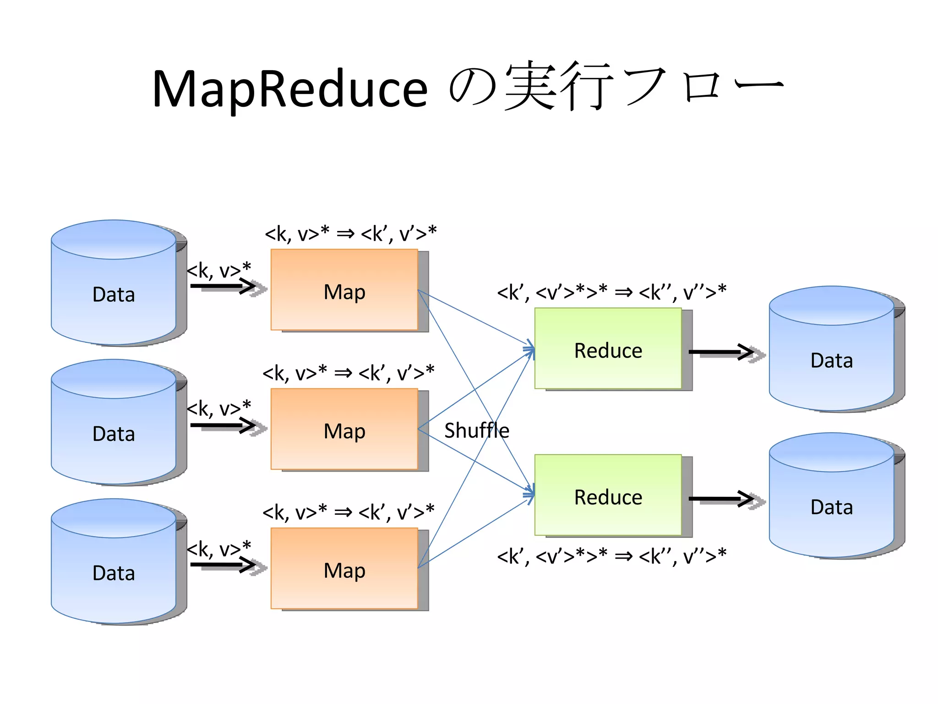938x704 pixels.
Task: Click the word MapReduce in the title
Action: tap(289, 89)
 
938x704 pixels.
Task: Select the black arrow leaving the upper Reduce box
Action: tap(721, 352)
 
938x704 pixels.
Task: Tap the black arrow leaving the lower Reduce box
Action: tap(721, 499)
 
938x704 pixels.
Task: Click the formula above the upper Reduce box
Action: tap(612, 291)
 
